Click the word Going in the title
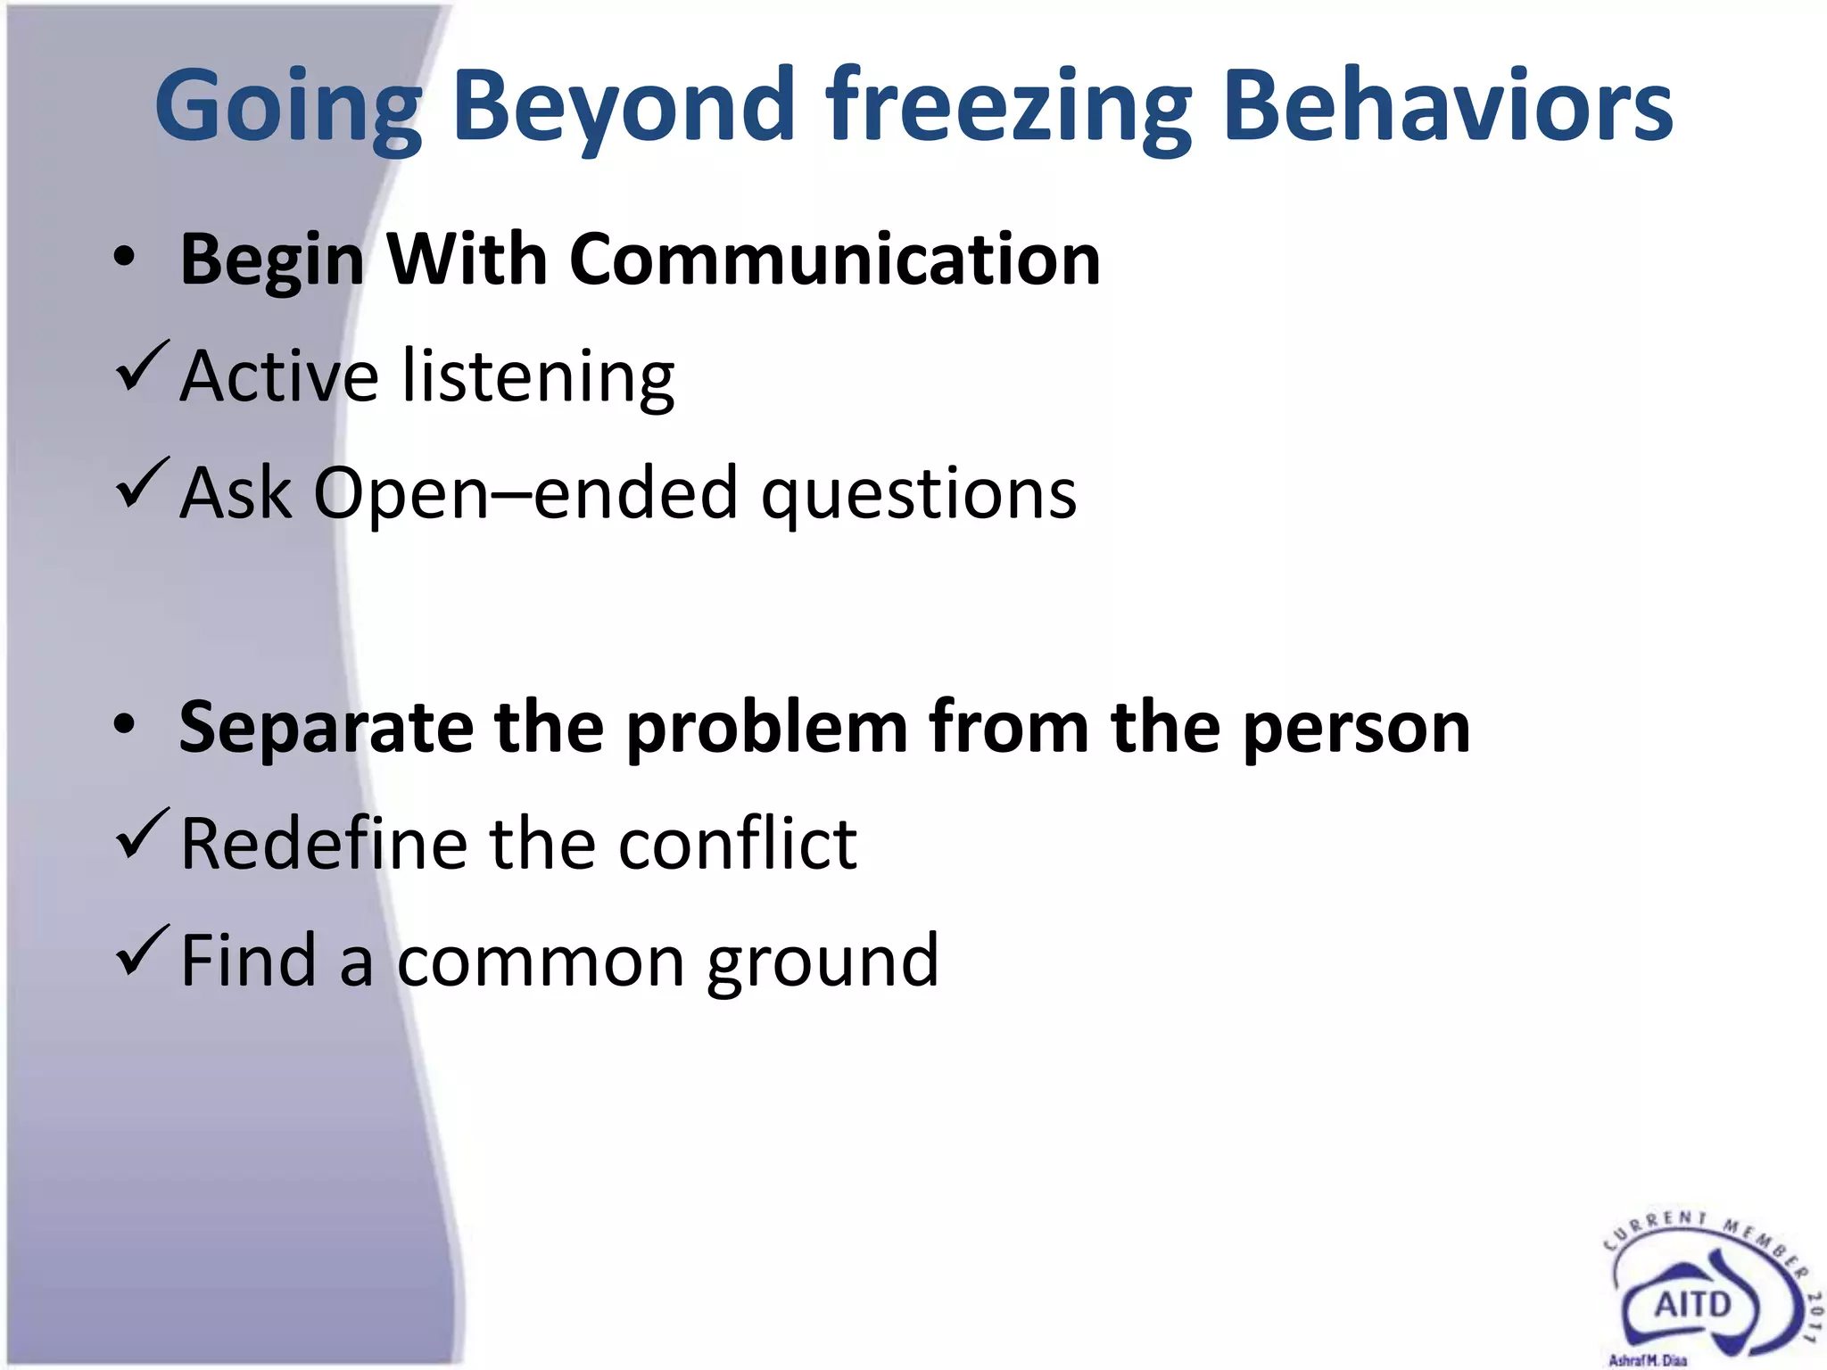point(287,107)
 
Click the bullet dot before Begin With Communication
point(125,259)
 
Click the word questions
point(919,495)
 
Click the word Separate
point(326,728)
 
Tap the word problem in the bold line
point(766,728)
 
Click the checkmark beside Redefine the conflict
point(141,833)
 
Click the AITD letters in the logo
point(1692,1305)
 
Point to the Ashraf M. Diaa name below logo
point(1647,1360)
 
